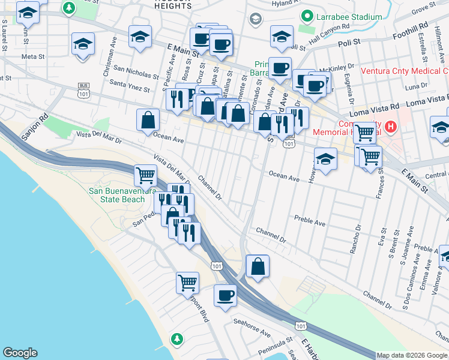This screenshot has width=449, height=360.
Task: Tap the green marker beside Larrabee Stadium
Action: coord(308,16)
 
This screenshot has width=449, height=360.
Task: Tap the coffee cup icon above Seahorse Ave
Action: coord(226,295)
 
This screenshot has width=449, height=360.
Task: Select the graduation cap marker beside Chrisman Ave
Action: coord(83,44)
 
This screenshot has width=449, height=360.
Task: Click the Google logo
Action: coord(20,353)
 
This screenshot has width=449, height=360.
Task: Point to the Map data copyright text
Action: coord(412,355)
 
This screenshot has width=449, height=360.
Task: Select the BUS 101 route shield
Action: coord(83,91)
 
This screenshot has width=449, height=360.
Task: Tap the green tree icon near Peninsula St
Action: coord(176,339)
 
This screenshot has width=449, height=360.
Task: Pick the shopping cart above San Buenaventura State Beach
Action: coord(145,176)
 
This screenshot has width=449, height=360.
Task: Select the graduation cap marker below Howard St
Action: coord(325,160)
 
